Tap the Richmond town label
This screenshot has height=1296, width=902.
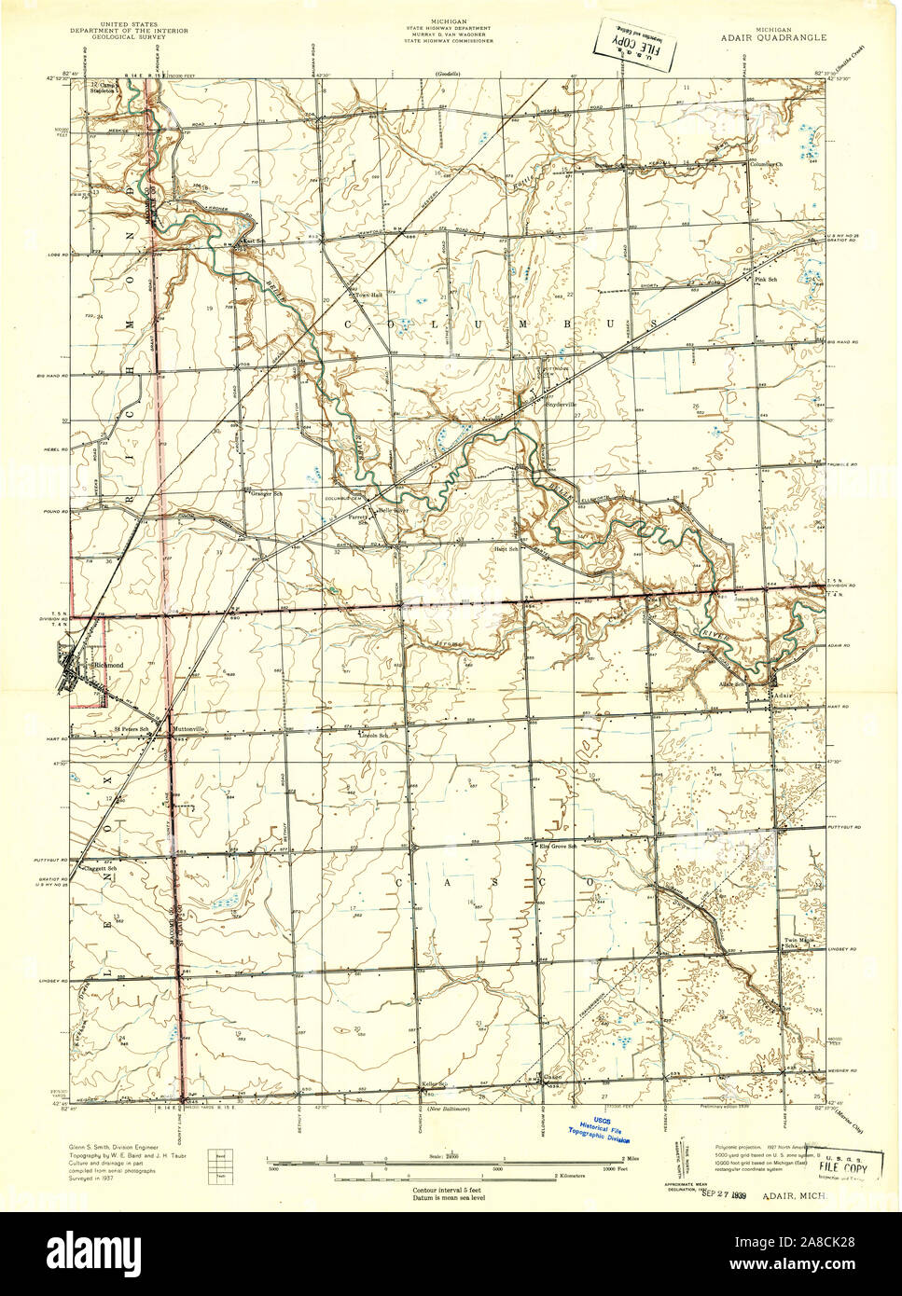pyautogui.click(x=108, y=665)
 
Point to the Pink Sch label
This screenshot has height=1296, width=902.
pyautogui.click(x=766, y=279)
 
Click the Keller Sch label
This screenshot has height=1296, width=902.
pyautogui.click(x=435, y=1084)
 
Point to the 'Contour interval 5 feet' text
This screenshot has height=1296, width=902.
pyautogui.click(x=450, y=1191)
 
